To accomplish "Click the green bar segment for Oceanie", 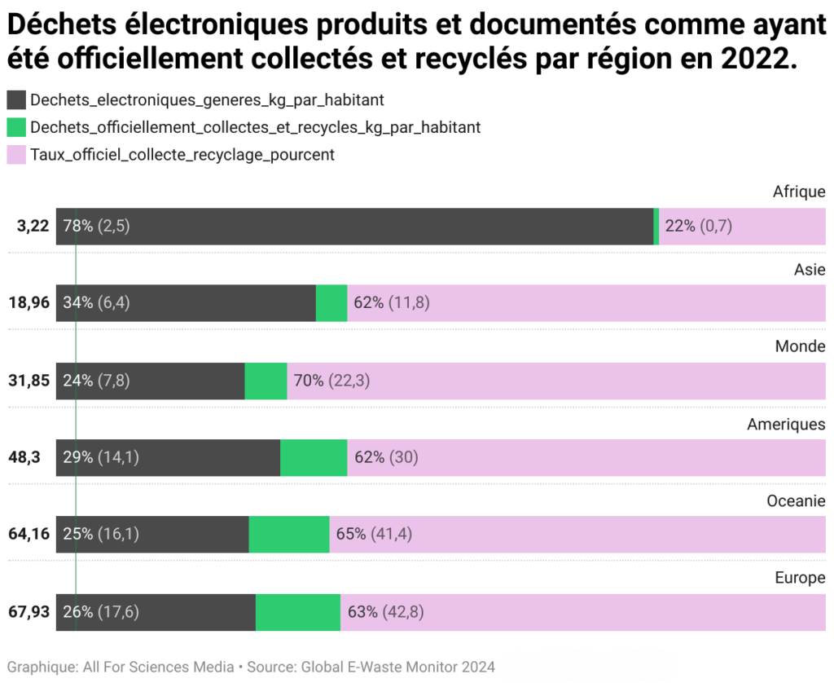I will tap(289, 535).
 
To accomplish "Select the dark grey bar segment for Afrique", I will tap(354, 227).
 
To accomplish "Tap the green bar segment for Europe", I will tap(298, 612).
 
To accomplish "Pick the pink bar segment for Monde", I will tap(557, 381).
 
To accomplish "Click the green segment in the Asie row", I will tap(331, 303).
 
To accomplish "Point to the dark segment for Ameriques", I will tap(168, 458).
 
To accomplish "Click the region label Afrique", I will tap(799, 192).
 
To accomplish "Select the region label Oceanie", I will tap(796, 501).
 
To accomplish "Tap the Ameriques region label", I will tap(786, 424).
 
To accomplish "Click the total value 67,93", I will tap(29, 612).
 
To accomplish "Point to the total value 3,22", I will tap(33, 227).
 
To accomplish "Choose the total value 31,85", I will tap(29, 381).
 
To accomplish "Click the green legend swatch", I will tap(16, 127).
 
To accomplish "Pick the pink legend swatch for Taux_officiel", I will tap(16, 154).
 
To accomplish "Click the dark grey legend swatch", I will tap(16, 100).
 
